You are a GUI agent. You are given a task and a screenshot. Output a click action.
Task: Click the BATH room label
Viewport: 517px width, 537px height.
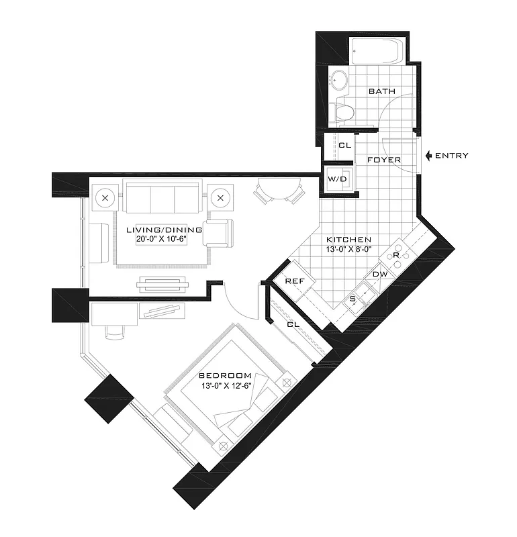381,91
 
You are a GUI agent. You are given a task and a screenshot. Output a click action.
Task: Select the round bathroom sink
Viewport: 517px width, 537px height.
340,81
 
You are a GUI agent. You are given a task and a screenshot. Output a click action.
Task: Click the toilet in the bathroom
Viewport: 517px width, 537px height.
344,112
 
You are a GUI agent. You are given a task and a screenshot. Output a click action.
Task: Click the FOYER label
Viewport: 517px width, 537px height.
384,160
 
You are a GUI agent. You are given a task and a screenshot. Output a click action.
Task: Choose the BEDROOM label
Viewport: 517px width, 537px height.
225,375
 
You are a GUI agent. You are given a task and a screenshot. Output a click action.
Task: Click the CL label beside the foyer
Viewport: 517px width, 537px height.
344,145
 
